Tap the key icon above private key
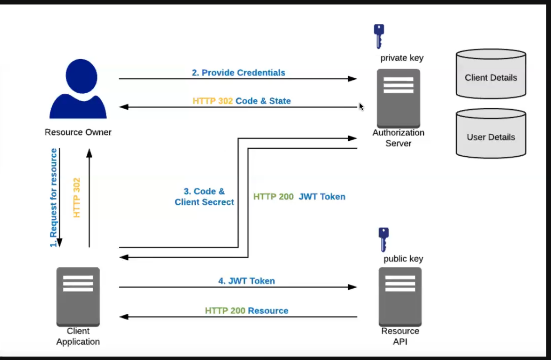click(379, 36)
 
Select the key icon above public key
click(383, 240)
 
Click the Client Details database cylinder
click(491, 74)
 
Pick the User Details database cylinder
click(491, 133)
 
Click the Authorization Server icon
click(399, 98)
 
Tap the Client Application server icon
click(78, 297)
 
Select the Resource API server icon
click(400, 297)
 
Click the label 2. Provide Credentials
click(239, 73)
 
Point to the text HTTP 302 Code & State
click(242, 101)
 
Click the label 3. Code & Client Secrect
click(204, 196)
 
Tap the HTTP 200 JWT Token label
click(299, 196)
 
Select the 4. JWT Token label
click(247, 281)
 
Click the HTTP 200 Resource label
click(247, 311)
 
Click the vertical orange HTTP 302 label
click(76, 198)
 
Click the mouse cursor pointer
click(361, 106)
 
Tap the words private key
click(402, 58)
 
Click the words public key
click(403, 259)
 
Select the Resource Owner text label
click(78, 132)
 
